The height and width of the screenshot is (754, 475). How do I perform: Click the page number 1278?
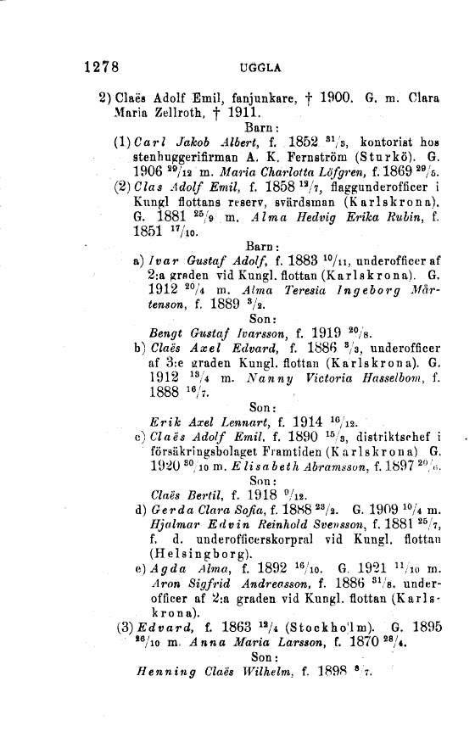[x=105, y=65]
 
